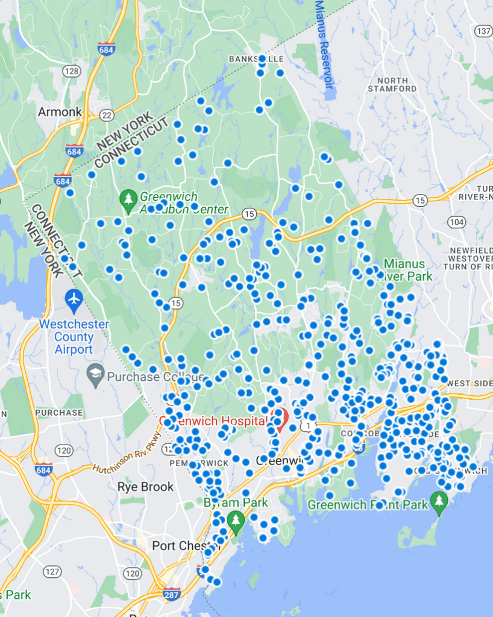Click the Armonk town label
point(60,112)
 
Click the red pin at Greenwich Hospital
point(279,416)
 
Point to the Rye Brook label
point(145,487)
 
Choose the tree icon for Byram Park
point(236,519)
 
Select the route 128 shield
point(71,71)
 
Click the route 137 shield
point(483,31)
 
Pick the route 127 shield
point(52,571)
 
